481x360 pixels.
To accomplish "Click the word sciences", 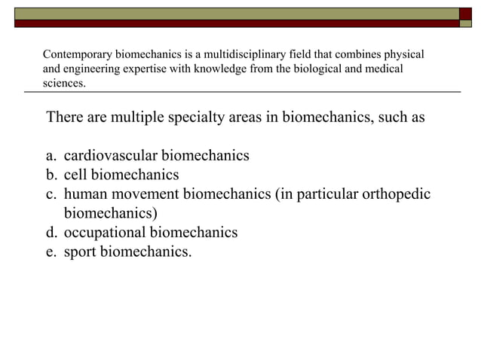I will pyautogui.click(x=63, y=83).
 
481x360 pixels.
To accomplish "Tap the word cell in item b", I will pyautogui.click(x=75, y=175).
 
